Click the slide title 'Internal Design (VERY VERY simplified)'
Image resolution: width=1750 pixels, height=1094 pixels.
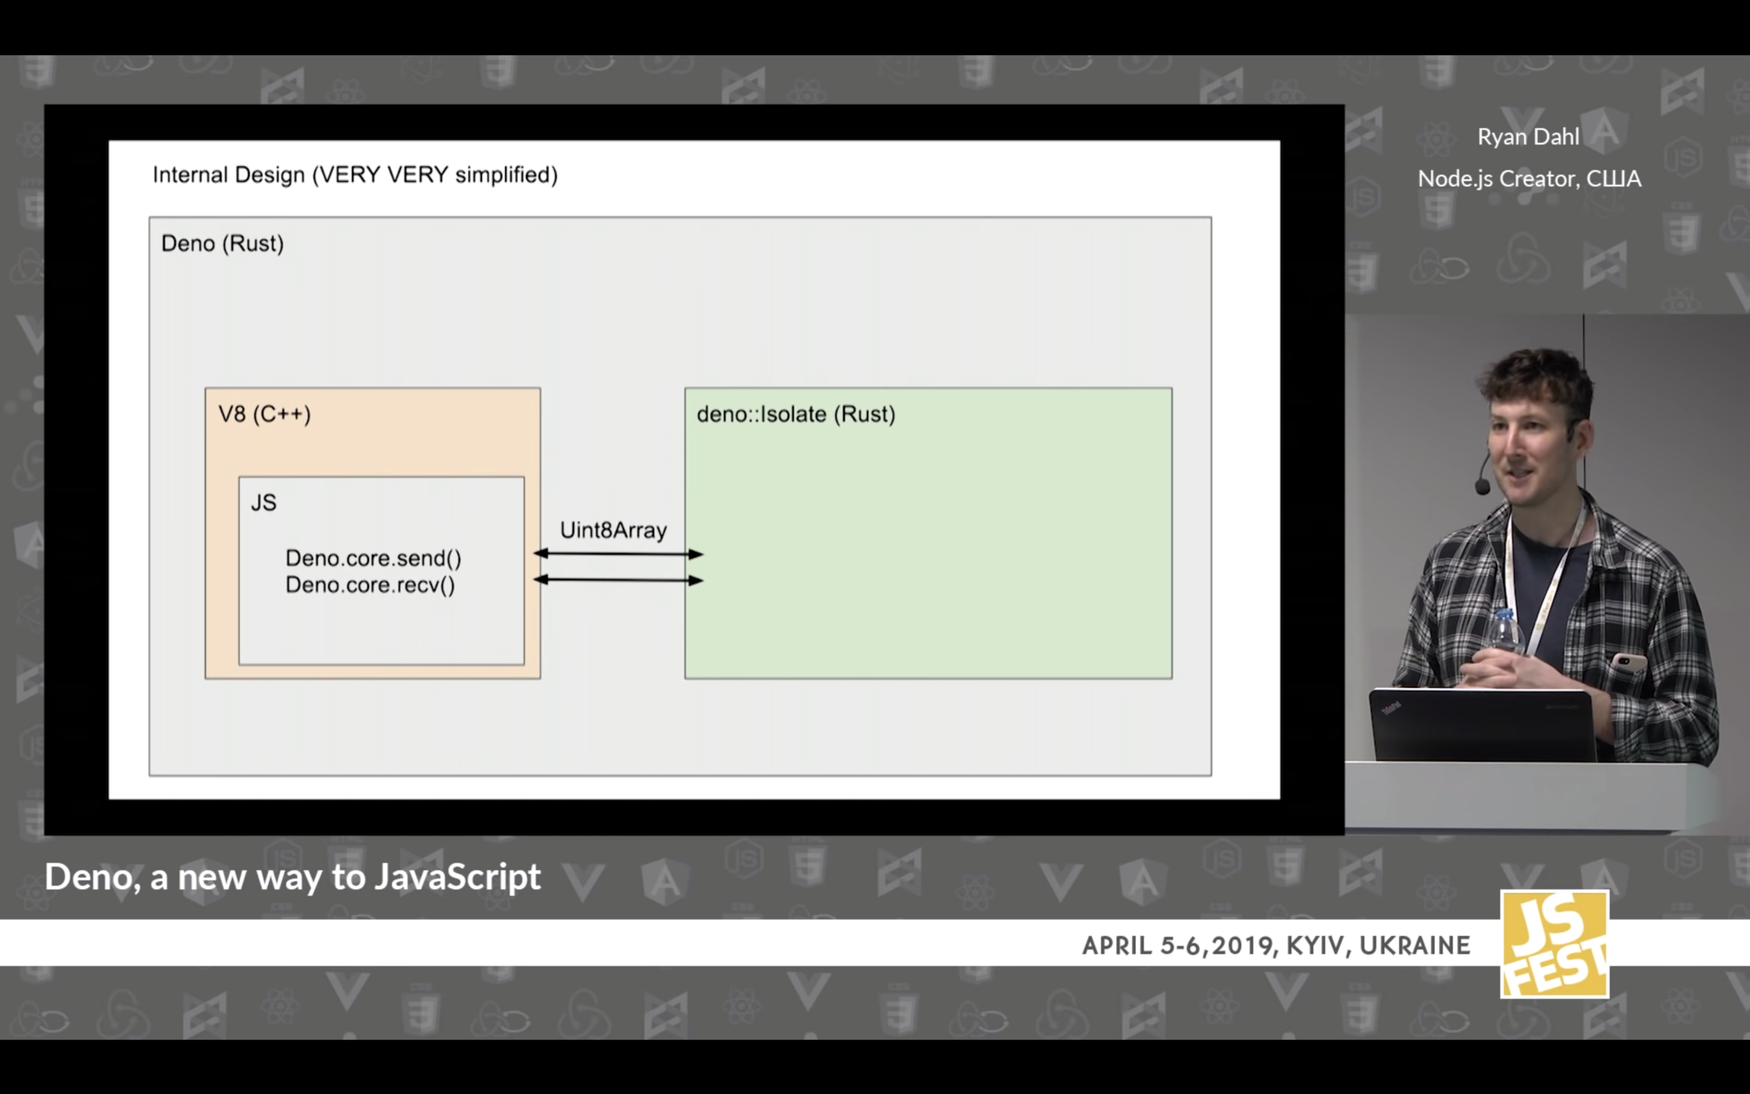pyautogui.click(x=355, y=175)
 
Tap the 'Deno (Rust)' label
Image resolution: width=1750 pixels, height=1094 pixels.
pyautogui.click(x=222, y=244)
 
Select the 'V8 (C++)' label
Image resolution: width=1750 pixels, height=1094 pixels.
pyautogui.click(x=264, y=414)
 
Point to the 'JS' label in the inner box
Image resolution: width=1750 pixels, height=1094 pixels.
pyautogui.click(x=263, y=503)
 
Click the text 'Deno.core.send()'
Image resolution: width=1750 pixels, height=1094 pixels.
pyautogui.click(x=373, y=558)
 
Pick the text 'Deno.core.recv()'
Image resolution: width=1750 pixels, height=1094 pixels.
pyautogui.click(x=370, y=585)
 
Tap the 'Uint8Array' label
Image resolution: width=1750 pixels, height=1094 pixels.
pyautogui.click(x=613, y=531)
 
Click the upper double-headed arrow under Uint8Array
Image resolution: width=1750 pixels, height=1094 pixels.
pyautogui.click(x=618, y=554)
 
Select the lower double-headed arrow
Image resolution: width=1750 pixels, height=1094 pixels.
pyautogui.click(x=618, y=580)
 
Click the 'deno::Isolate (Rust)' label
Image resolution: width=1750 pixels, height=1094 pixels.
pyautogui.click(x=796, y=414)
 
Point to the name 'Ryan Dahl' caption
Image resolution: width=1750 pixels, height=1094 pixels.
pyautogui.click(x=1528, y=137)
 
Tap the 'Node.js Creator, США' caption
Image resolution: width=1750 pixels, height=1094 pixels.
pyautogui.click(x=1529, y=179)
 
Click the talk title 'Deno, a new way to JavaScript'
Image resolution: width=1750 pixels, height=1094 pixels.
pyautogui.click(x=292, y=877)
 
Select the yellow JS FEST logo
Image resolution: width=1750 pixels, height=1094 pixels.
pyautogui.click(x=1554, y=944)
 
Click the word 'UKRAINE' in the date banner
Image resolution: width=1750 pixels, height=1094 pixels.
pyautogui.click(x=1415, y=946)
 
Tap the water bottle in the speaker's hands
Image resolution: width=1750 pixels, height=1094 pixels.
pyautogui.click(x=1505, y=632)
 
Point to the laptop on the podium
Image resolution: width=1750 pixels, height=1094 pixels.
pyautogui.click(x=1481, y=724)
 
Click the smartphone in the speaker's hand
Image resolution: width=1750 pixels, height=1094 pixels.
pyautogui.click(x=1628, y=663)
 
